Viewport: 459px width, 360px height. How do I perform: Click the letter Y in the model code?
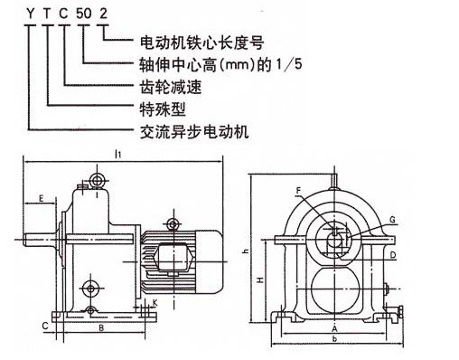[30, 14]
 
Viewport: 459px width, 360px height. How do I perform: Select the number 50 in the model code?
[83, 14]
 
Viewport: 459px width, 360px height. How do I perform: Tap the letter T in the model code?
[47, 14]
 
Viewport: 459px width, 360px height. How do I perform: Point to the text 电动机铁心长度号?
[201, 43]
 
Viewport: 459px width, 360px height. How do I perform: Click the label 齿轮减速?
[171, 87]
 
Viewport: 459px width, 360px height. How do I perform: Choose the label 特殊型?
[163, 109]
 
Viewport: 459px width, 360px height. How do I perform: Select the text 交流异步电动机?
[194, 132]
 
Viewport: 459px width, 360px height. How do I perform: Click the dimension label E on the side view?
[42, 198]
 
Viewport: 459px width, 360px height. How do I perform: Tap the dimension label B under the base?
[101, 328]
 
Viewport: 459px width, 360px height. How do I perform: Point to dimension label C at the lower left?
[45, 326]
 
